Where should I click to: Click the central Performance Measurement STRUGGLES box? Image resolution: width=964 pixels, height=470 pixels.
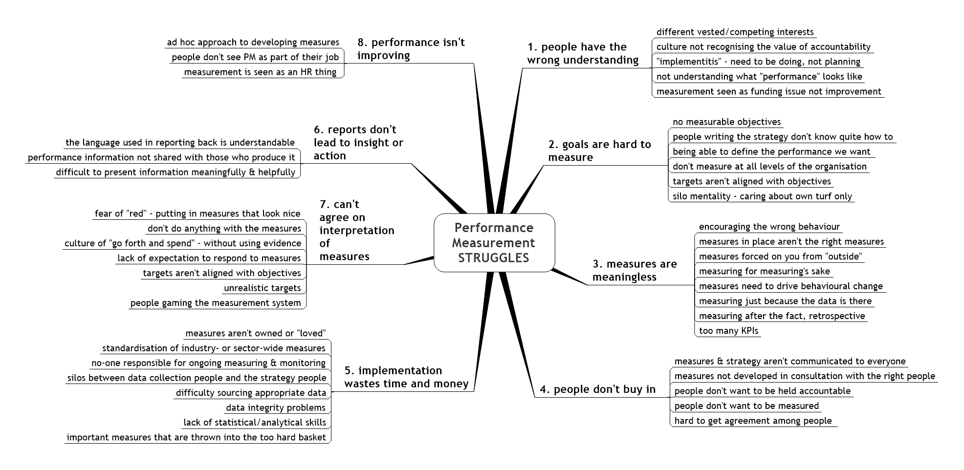coord(494,243)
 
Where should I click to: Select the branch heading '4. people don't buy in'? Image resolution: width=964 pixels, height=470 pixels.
coord(597,389)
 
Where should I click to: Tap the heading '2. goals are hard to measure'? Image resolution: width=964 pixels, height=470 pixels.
coord(600,150)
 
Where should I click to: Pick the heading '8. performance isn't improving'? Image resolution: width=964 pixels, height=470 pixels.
coord(411,49)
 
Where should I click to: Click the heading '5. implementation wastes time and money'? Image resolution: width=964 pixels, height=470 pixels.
coord(407,377)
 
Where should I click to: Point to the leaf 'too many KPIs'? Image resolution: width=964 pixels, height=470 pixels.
coord(728,331)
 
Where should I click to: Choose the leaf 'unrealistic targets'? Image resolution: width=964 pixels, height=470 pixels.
coord(263,288)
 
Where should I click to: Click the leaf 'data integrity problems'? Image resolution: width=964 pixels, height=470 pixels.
coord(276,407)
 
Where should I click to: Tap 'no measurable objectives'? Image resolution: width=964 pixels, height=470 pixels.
coord(727,122)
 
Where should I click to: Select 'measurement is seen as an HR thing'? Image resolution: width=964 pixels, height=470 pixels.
coord(260,72)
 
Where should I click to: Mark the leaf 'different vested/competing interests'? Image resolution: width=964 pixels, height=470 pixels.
coord(735,32)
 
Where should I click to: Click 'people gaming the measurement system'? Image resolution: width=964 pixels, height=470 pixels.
coord(216,303)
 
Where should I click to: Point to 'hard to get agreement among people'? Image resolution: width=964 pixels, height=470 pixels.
coord(753,421)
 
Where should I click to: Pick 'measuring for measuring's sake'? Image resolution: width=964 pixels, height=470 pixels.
coord(765,271)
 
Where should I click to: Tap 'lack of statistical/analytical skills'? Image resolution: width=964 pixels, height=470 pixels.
coord(255,423)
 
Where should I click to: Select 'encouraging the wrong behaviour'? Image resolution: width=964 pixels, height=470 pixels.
coord(769,227)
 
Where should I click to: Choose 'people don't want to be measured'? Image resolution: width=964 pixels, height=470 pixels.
coord(746,406)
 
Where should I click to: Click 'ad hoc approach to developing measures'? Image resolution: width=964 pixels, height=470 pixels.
coord(253,43)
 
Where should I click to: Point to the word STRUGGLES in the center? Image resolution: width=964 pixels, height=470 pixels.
coord(494,258)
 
